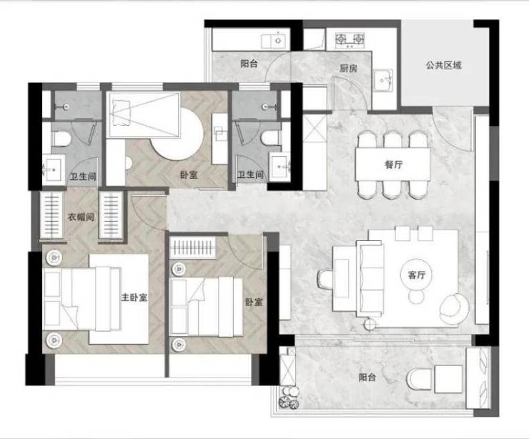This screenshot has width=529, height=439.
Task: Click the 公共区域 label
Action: (443, 65)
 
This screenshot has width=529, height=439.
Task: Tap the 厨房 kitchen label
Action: (348, 69)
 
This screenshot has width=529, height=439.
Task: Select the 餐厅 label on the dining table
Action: (393, 164)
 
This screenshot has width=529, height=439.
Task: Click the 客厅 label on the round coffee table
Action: (416, 275)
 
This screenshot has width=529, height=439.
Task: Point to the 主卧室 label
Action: (134, 297)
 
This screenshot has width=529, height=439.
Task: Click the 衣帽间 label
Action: (81, 217)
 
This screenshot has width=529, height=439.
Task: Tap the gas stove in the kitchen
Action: (350, 39)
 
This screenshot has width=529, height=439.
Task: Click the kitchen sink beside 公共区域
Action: (383, 81)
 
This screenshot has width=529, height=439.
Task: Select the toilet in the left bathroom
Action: (61, 138)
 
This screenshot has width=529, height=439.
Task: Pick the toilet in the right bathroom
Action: (270, 138)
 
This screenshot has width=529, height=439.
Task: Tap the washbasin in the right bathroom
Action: (280, 167)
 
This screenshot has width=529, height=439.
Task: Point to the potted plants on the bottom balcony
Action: (289, 398)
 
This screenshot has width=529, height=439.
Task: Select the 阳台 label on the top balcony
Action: (249, 64)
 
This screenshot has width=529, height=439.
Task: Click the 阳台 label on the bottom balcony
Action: (367, 377)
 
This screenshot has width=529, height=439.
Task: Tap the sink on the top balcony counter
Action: (276, 41)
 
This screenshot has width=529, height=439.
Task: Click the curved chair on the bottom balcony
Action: (419, 379)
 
